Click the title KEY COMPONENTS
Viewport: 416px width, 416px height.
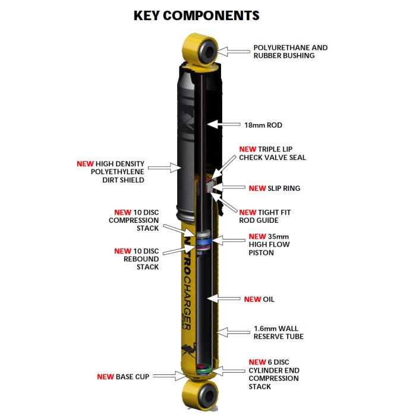[x=196, y=15]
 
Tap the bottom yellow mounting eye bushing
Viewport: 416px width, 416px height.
[x=201, y=394]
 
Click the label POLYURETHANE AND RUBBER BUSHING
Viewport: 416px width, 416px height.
[x=290, y=52]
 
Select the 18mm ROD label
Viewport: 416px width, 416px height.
[x=263, y=125]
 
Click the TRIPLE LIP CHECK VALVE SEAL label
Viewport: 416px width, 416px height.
[x=272, y=153]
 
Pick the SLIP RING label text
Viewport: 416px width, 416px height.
[x=275, y=188]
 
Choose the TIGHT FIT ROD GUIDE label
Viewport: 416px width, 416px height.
[x=265, y=216]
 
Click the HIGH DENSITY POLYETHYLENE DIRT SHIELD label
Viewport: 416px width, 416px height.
[x=111, y=171]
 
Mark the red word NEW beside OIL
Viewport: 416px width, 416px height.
[x=252, y=299]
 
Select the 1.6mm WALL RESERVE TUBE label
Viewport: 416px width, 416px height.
[x=279, y=332]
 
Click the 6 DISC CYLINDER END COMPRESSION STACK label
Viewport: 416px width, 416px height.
[x=273, y=374]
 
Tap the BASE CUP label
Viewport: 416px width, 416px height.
[x=124, y=377]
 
